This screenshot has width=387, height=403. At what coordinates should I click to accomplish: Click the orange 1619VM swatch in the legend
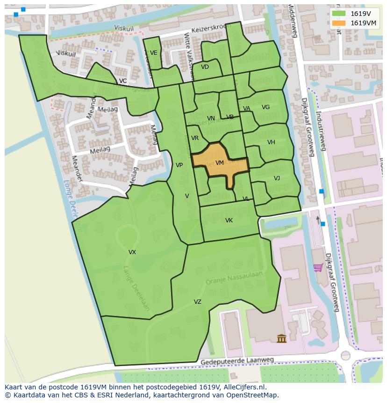pos(339,23)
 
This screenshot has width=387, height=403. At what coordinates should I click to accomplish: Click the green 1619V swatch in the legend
pos(339,14)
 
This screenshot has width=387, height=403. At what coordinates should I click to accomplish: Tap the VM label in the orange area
pos(220,163)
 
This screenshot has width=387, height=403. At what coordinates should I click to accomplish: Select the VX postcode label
pos(132,252)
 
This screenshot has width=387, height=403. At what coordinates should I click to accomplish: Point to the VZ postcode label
pos(198,302)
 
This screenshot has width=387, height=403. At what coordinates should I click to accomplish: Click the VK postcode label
pos(229,220)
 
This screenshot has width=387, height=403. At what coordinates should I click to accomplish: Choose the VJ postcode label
pos(277,178)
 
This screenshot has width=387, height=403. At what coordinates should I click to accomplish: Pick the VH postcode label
pos(271,142)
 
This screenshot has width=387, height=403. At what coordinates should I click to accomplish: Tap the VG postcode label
pos(265,107)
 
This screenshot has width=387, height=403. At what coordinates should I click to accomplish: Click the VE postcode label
pos(153,53)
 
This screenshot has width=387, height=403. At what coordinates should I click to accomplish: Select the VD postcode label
pos(205,67)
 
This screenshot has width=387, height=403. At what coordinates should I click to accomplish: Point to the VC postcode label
pos(122,81)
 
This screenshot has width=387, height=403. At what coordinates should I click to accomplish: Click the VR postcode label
pos(195,138)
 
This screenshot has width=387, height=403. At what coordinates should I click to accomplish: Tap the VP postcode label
pos(179,165)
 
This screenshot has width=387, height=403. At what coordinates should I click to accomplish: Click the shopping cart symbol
pos(318,268)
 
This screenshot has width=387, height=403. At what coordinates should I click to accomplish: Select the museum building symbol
pos(281,338)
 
